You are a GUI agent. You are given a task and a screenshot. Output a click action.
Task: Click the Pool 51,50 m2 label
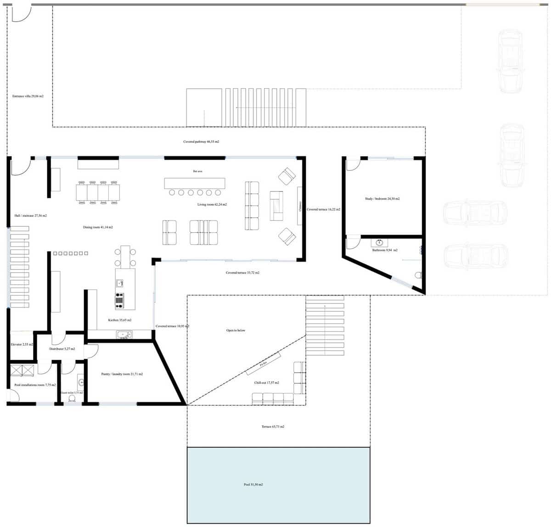[253, 485]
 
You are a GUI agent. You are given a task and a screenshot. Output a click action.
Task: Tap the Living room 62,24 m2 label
[212, 204]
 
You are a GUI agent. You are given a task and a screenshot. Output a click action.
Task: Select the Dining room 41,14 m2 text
[98, 227]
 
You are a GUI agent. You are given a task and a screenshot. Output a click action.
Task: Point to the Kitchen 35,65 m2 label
[119, 320]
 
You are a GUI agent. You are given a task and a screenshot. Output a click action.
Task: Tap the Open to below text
[236, 330]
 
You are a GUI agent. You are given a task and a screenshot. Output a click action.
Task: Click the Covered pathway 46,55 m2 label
[201, 142]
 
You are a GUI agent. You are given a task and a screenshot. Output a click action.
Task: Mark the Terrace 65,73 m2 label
[273, 426]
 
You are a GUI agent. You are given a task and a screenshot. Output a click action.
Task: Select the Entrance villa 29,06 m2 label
[28, 96]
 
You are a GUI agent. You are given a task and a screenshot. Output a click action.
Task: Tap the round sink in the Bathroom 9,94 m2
[379, 242]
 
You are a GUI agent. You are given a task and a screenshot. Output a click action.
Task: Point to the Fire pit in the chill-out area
[264, 364]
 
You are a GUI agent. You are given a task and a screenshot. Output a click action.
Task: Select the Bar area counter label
[197, 171]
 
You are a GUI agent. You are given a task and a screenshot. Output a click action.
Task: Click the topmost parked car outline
[510, 60]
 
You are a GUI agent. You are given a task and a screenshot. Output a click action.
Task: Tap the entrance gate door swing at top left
[21, 13]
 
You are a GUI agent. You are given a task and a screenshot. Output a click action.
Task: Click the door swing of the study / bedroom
[352, 165]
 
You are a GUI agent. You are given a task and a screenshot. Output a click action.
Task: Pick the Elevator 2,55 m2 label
[22, 344]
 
